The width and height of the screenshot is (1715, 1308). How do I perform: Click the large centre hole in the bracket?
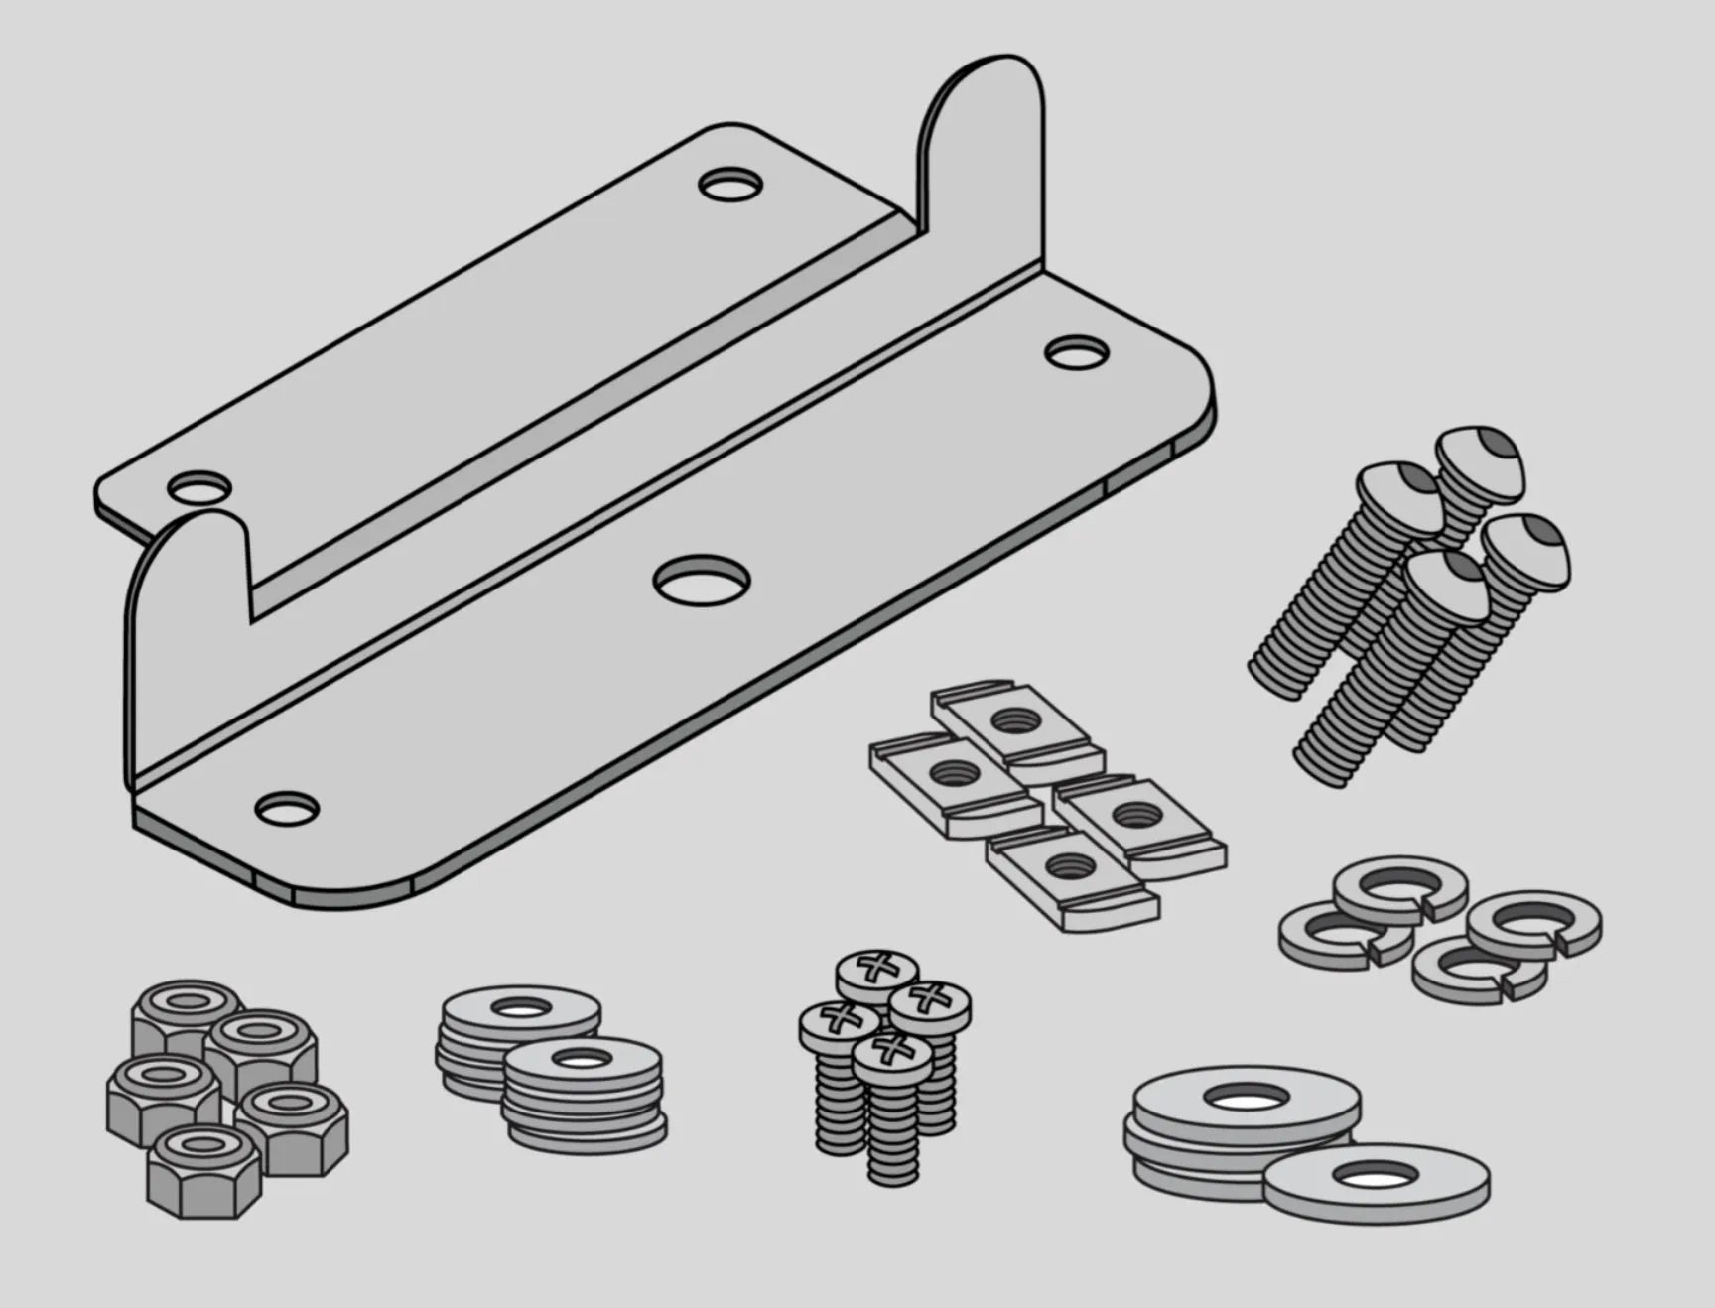click(702, 581)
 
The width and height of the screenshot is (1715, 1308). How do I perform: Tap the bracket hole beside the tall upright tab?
click(730, 186)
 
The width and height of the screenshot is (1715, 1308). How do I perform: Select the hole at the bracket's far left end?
click(198, 488)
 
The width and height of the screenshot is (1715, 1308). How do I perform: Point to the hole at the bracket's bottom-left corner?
click(287, 808)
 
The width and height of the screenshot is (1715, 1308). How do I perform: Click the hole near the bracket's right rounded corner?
click(1077, 351)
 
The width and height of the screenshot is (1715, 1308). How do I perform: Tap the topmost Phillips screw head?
click(876, 969)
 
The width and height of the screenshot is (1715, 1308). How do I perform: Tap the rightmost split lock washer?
click(1533, 921)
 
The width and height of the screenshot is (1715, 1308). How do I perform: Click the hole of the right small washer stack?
click(582, 1060)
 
